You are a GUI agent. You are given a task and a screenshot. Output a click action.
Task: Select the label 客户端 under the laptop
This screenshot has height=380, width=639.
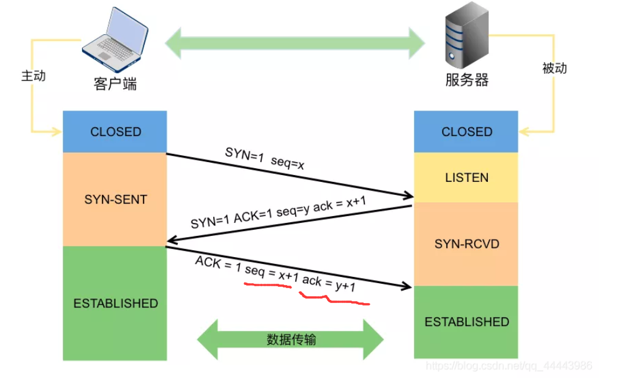116,84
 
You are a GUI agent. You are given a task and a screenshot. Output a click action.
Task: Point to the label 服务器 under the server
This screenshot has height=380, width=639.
467,80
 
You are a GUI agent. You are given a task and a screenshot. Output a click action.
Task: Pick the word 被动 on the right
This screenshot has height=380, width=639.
554,68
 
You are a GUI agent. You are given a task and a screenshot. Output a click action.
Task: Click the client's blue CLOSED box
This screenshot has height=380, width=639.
115,132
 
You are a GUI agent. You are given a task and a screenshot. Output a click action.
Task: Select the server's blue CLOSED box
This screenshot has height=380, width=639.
466,132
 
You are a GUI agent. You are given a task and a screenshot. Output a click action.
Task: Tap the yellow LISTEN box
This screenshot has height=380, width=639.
466,178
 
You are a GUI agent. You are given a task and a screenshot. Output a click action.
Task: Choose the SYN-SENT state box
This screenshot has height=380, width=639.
115,199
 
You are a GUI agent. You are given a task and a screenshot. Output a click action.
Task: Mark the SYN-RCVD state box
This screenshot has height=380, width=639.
466,244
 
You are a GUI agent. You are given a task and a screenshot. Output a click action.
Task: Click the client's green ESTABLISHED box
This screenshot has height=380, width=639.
115,303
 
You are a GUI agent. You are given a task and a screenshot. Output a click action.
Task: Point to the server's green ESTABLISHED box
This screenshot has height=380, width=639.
466,322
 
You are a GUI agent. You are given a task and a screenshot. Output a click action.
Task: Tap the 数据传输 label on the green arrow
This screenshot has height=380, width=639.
291,340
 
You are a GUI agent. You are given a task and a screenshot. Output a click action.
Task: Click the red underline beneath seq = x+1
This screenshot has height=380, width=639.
267,286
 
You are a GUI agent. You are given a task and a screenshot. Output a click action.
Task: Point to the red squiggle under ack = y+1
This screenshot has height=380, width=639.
336,299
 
